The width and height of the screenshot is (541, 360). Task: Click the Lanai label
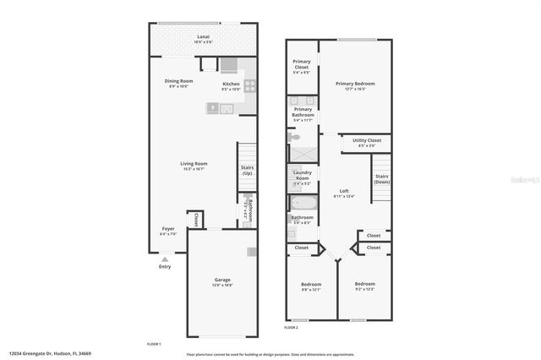coord(203,37)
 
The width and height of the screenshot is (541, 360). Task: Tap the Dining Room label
coord(178,81)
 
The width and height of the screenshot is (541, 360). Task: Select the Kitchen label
coord(231,84)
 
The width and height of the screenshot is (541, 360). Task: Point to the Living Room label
coord(194,164)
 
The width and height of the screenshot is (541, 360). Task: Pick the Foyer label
coord(169,229)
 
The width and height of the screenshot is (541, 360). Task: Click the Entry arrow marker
coord(164,259)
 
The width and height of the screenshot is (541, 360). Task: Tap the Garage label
coord(222,280)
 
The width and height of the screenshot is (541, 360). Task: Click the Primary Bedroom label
coord(355,84)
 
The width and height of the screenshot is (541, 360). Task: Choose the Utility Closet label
coord(367,140)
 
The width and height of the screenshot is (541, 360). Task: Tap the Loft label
coord(344,191)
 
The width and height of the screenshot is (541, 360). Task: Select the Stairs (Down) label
coord(382,180)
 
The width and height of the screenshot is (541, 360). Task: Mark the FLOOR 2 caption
coord(291,327)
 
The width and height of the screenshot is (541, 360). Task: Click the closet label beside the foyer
coord(196,219)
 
